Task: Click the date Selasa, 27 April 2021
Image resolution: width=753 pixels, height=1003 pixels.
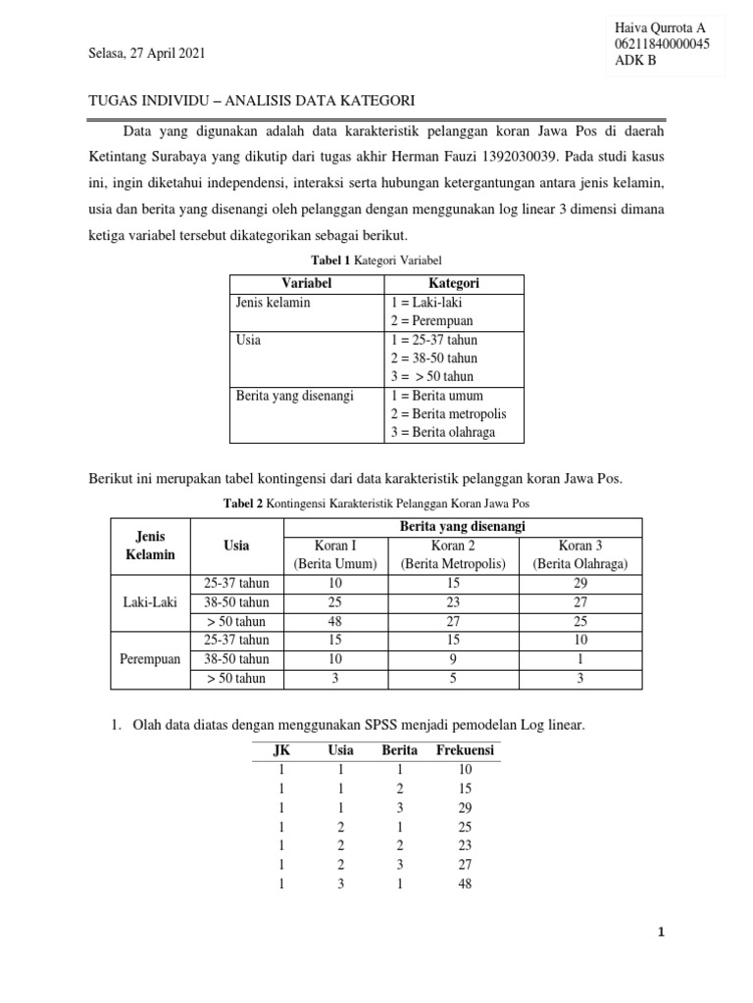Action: point(147,53)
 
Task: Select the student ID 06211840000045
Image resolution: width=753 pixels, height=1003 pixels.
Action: point(662,44)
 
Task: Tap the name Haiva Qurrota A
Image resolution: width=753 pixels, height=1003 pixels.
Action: point(659,27)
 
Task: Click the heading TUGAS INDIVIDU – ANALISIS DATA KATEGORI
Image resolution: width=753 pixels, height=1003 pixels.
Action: point(252,101)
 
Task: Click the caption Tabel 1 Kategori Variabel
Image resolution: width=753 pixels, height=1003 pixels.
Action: point(376,260)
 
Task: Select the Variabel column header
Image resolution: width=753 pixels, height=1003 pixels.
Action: point(308,283)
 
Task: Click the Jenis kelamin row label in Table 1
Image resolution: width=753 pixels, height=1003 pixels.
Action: point(274,302)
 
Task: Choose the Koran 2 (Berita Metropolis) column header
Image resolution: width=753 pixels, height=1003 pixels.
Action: point(452,554)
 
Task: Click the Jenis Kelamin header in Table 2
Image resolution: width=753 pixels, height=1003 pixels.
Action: point(143,546)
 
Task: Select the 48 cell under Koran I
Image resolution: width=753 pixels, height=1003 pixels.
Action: point(336,621)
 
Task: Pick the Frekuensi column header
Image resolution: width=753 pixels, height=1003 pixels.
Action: point(466,750)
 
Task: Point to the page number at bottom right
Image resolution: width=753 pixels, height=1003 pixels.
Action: point(661,933)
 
